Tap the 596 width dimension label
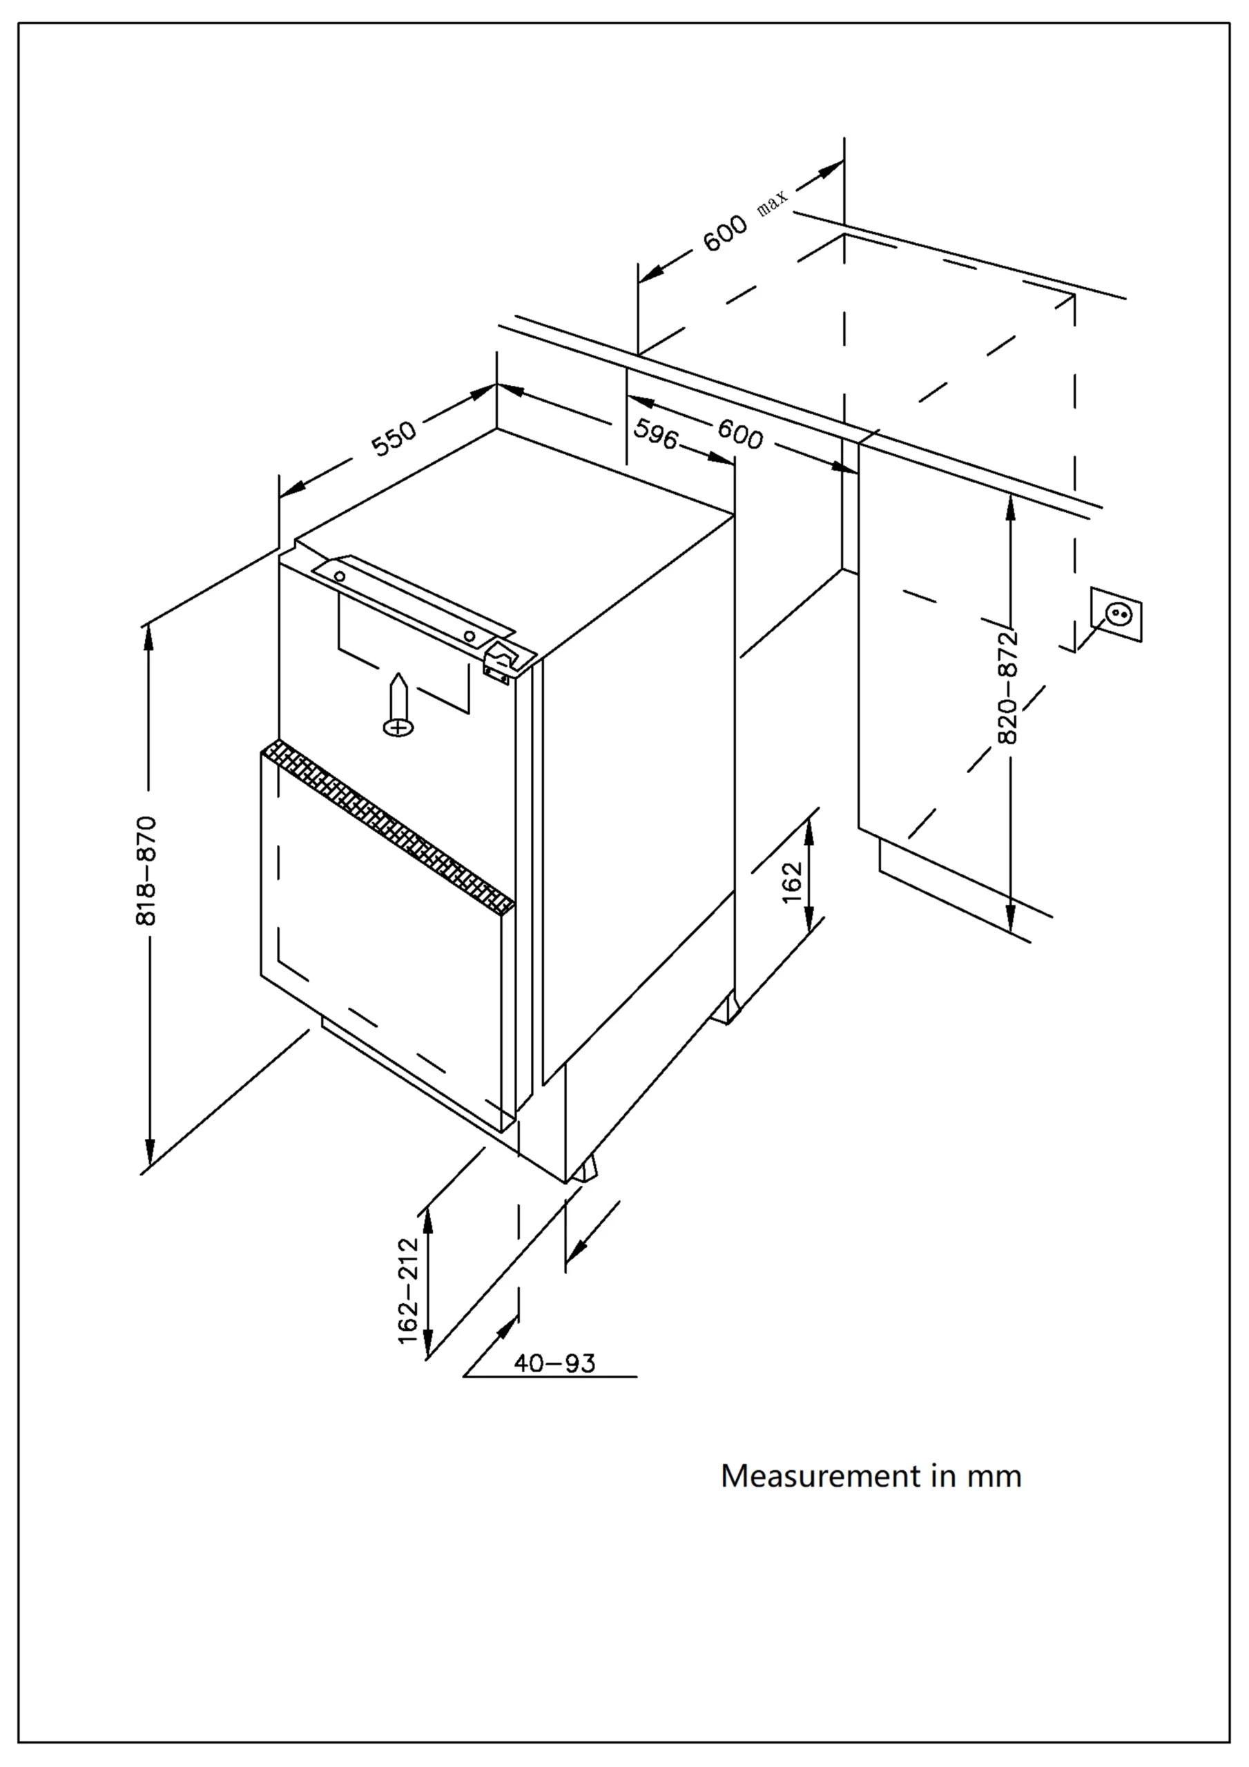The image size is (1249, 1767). point(655,436)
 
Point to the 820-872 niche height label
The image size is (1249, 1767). point(1007,687)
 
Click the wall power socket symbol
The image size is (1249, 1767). point(1116,614)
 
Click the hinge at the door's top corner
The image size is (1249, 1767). point(500,661)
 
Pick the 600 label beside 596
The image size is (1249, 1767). point(740,436)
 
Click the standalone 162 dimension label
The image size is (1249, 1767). point(793,882)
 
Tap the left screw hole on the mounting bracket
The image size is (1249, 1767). point(340,576)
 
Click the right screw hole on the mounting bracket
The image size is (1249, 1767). point(469,636)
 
